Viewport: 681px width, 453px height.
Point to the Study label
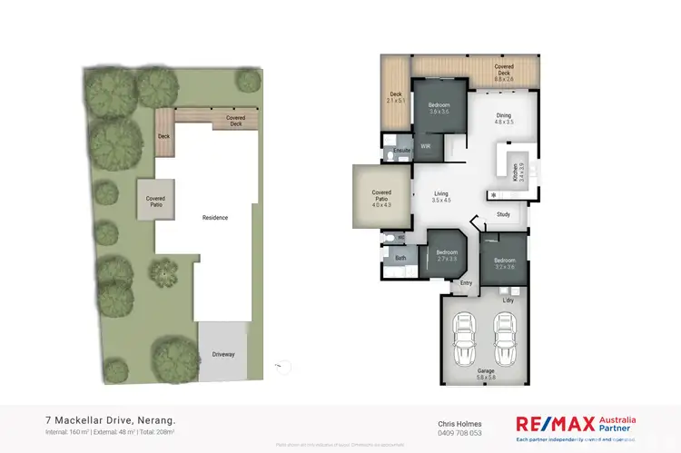pos(504,215)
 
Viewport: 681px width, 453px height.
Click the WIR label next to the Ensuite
pos(425,146)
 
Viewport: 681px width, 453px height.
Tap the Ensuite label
pos(402,149)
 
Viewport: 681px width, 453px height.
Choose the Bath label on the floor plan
pos(400,258)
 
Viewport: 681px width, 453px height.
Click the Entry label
pos(467,283)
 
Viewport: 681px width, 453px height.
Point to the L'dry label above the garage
pos(508,299)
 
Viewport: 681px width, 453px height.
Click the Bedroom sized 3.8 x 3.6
pos(439,108)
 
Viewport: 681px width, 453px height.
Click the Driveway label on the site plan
pos(223,353)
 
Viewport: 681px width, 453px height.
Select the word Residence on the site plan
pos(215,218)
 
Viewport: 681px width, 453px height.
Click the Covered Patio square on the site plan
pos(154,200)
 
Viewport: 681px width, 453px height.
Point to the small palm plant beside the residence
pos(163,270)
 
